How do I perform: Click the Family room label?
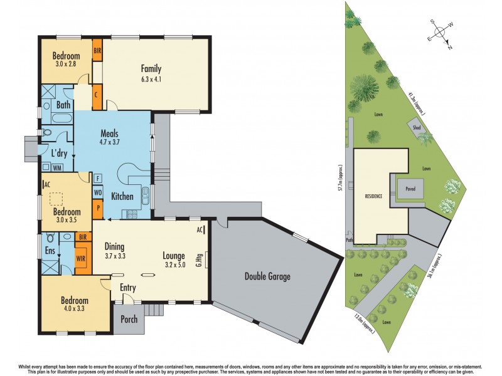tap(151, 69)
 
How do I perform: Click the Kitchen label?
tap(122, 197)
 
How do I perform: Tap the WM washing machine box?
tap(57, 167)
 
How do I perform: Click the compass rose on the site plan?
tap(442, 31)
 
